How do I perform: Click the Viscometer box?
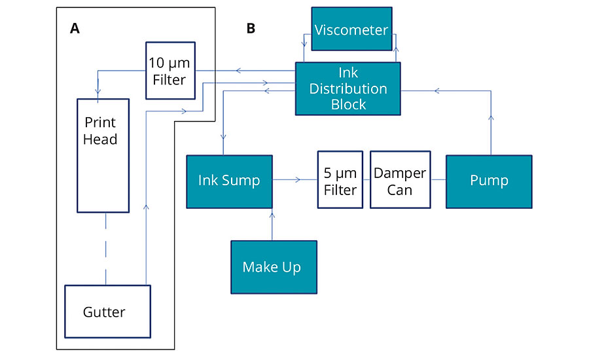click(351, 29)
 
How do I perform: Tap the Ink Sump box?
click(228, 181)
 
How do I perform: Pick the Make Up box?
click(273, 266)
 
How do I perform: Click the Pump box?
click(489, 181)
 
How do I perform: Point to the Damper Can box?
click(400, 181)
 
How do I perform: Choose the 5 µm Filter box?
click(340, 180)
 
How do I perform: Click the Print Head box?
click(103, 155)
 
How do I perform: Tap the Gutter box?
click(107, 312)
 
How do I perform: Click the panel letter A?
click(75, 28)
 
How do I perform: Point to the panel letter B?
click(251, 28)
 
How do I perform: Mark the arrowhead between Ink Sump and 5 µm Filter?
click(298, 179)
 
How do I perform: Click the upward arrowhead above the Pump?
click(490, 118)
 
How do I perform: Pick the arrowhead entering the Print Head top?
click(98, 92)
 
